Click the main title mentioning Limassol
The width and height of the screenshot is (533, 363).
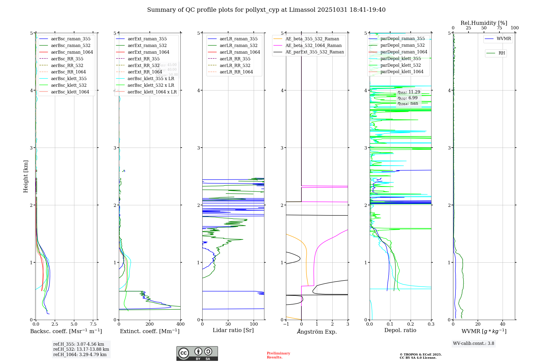266,10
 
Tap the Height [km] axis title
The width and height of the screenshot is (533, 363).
26,176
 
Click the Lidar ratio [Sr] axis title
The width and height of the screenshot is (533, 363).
233,330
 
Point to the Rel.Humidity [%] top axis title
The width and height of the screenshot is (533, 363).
484,23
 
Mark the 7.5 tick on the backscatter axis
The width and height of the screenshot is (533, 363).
93,324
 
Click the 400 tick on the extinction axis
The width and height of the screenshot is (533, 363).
180,324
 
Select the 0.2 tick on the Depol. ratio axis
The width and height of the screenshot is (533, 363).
411,324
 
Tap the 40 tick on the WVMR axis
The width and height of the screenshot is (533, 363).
503,324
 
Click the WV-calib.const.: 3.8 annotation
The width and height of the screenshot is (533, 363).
474,343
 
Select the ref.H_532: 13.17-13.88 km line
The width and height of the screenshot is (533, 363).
81,349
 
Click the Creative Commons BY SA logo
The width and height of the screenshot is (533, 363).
197,353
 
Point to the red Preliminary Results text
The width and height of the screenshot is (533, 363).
278,355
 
